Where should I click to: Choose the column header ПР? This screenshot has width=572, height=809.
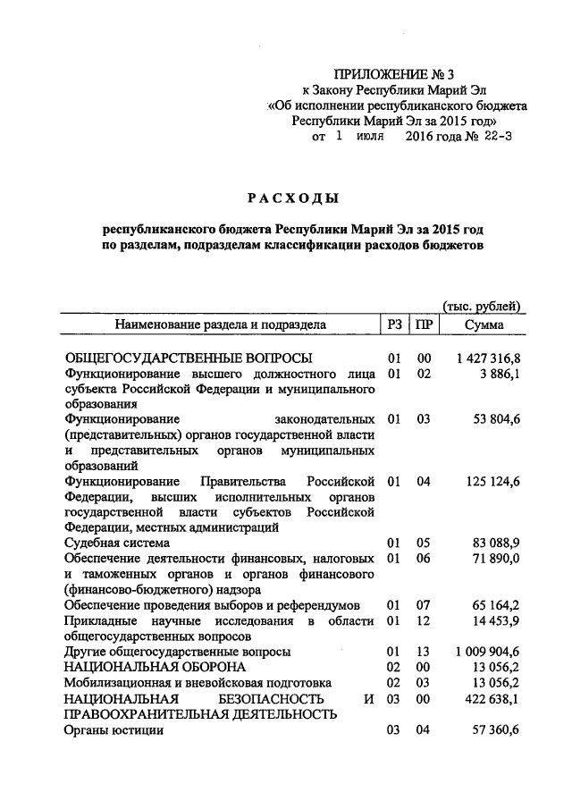(x=425, y=325)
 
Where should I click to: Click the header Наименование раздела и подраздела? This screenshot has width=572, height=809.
(x=220, y=325)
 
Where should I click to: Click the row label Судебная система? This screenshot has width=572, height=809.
(x=116, y=543)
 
